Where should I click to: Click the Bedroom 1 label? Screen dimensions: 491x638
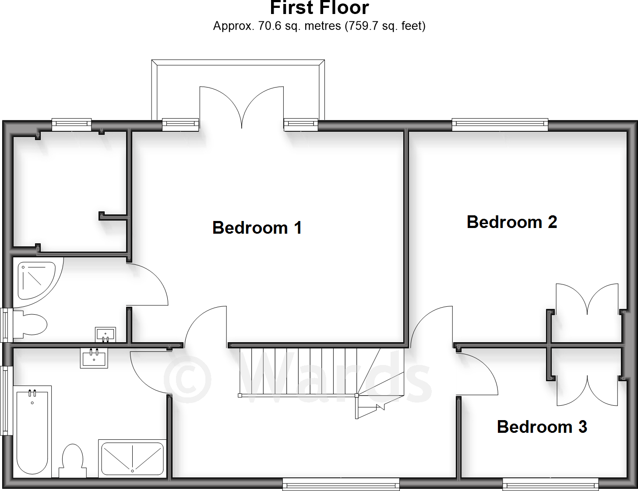pos(257,228)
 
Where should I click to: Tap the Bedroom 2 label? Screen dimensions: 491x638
pos(512,222)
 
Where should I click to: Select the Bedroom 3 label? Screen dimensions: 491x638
pos(542,427)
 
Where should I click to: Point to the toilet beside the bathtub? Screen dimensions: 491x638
pos(73,461)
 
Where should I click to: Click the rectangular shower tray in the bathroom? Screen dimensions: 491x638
pos(132,458)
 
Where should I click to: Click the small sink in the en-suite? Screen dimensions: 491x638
pos(106,335)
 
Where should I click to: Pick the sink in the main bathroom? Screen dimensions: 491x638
pos(94,358)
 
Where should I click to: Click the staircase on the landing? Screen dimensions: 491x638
pos(307,372)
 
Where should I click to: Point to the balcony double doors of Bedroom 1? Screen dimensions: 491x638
pos(242,107)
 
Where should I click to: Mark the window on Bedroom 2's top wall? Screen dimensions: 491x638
pos(500,125)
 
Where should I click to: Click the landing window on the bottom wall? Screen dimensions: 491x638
pos(341,484)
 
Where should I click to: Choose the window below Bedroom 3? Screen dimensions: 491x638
pos(550,484)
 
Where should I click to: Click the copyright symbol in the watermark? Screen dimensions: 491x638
pos(187,379)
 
